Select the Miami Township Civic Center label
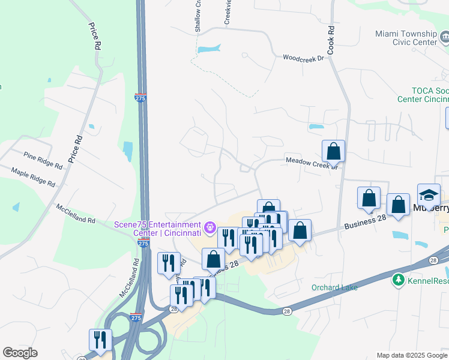click(406, 38)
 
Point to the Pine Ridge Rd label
click(43, 160)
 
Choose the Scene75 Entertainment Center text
click(157, 229)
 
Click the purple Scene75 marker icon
click(209, 228)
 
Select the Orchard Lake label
click(334, 287)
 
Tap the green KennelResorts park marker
click(398, 280)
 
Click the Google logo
click(20, 353)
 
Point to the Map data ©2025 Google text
click(412, 355)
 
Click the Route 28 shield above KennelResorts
click(433, 259)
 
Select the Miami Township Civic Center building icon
click(445, 38)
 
